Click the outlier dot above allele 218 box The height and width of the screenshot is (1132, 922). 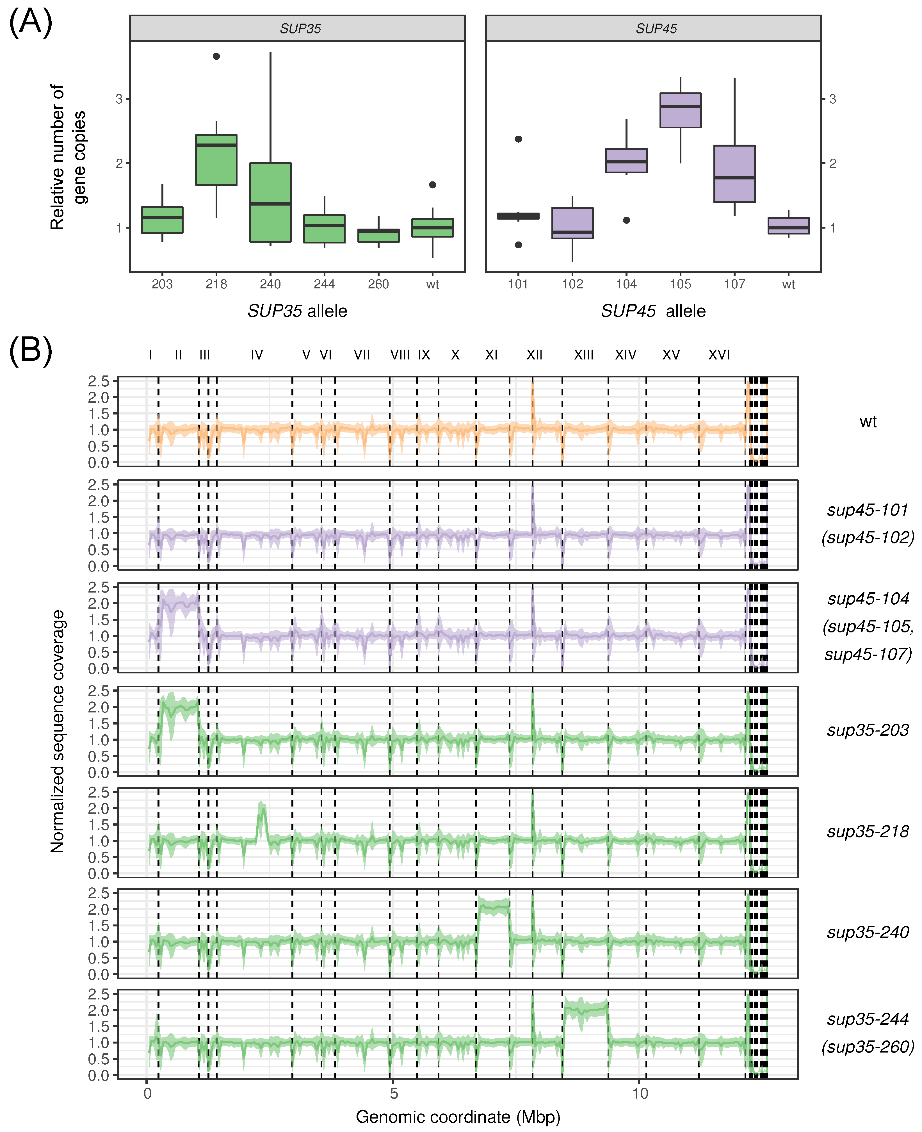216,56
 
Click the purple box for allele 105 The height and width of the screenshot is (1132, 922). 680,110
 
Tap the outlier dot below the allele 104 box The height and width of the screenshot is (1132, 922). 627,220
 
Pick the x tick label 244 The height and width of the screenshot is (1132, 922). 324,284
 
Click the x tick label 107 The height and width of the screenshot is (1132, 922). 734,284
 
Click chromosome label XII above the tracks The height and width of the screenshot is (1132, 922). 534,355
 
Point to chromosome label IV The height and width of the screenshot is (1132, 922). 257,355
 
